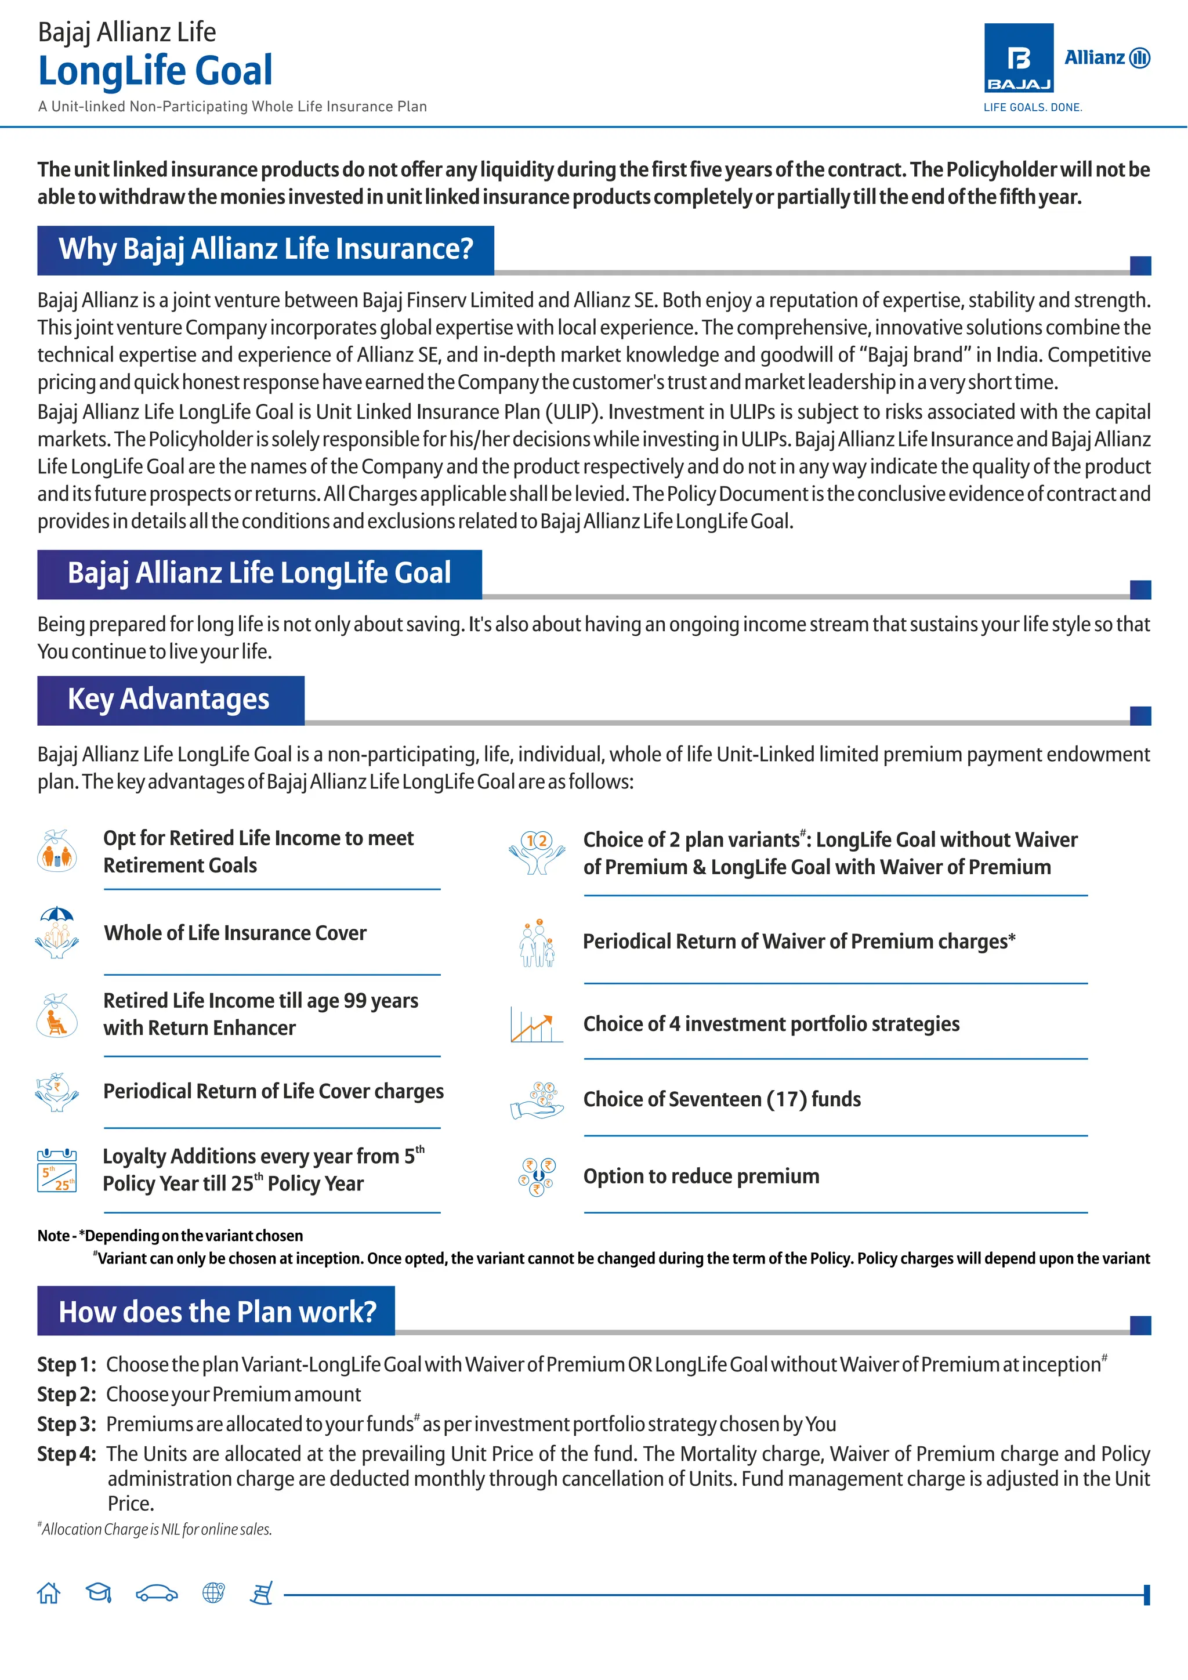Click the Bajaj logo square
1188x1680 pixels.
pyautogui.click(x=1018, y=58)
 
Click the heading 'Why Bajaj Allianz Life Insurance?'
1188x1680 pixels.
pyautogui.click(x=266, y=249)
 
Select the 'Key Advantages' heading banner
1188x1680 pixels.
pyautogui.click(x=170, y=700)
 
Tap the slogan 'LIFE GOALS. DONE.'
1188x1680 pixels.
pyautogui.click(x=1032, y=107)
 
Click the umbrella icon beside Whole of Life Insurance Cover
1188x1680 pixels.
pyautogui.click(x=57, y=932)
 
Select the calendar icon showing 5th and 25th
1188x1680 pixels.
pyautogui.click(x=56, y=1170)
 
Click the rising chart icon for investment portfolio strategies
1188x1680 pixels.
pyautogui.click(x=536, y=1024)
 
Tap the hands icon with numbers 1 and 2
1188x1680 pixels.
pyautogui.click(x=537, y=852)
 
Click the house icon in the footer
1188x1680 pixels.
pyautogui.click(x=49, y=1593)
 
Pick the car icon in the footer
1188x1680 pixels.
pyautogui.click(x=157, y=1594)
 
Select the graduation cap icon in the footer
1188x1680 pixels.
pyautogui.click(x=99, y=1593)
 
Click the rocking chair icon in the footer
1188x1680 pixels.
pyautogui.click(x=261, y=1594)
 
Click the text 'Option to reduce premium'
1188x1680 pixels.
pyautogui.click(x=701, y=1176)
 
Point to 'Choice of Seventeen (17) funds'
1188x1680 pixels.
pyautogui.click(x=721, y=1100)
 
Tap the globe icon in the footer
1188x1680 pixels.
pyautogui.click(x=213, y=1593)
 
